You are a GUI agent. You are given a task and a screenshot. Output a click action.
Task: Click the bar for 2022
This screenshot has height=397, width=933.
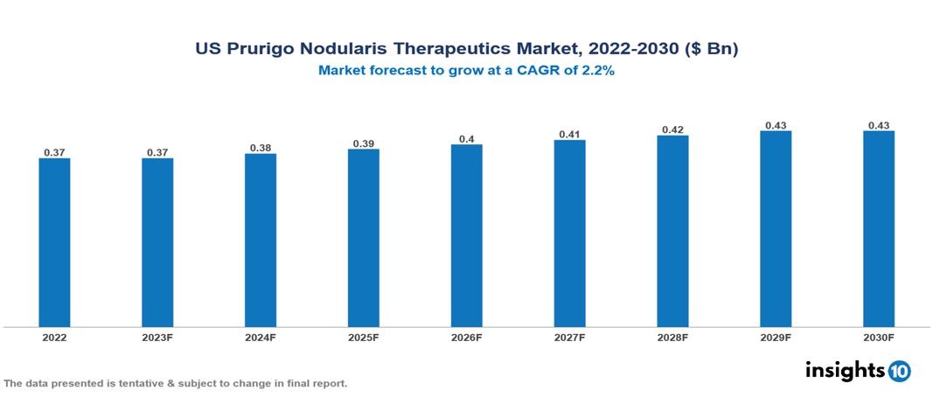pyautogui.click(x=54, y=242)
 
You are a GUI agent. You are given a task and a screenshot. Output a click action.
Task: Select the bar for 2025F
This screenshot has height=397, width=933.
pyautogui.click(x=363, y=238)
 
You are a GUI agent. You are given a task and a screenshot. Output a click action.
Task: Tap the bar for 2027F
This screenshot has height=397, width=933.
pyautogui.click(x=569, y=233)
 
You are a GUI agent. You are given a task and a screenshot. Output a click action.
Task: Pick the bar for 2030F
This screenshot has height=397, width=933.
pyautogui.click(x=879, y=229)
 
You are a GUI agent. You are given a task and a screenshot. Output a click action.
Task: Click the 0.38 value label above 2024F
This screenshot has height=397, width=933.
pyautogui.click(x=261, y=148)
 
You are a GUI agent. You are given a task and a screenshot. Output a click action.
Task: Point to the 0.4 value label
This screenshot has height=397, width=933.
pyautogui.click(x=467, y=139)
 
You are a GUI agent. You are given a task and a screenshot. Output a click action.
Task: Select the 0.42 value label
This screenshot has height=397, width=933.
pyautogui.click(x=672, y=129)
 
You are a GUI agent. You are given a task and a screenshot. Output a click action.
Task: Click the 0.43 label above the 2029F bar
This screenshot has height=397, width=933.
pyautogui.click(x=776, y=125)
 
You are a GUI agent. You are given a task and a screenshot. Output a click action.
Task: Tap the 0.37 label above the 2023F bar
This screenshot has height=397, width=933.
pyautogui.click(x=157, y=153)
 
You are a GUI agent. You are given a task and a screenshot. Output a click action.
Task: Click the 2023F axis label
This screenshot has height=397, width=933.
pyautogui.click(x=157, y=337)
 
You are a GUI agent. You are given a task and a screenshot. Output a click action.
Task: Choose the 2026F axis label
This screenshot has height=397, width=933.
pyautogui.click(x=467, y=337)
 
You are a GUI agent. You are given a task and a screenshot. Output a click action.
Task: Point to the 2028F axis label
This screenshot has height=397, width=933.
pyautogui.click(x=672, y=337)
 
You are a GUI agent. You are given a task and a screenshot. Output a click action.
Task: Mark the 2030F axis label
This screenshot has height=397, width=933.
pyautogui.click(x=879, y=337)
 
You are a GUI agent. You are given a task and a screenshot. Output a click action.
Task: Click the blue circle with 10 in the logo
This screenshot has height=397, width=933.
pyautogui.click(x=900, y=372)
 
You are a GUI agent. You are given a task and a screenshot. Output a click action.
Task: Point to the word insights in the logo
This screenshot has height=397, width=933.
pyautogui.click(x=845, y=371)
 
